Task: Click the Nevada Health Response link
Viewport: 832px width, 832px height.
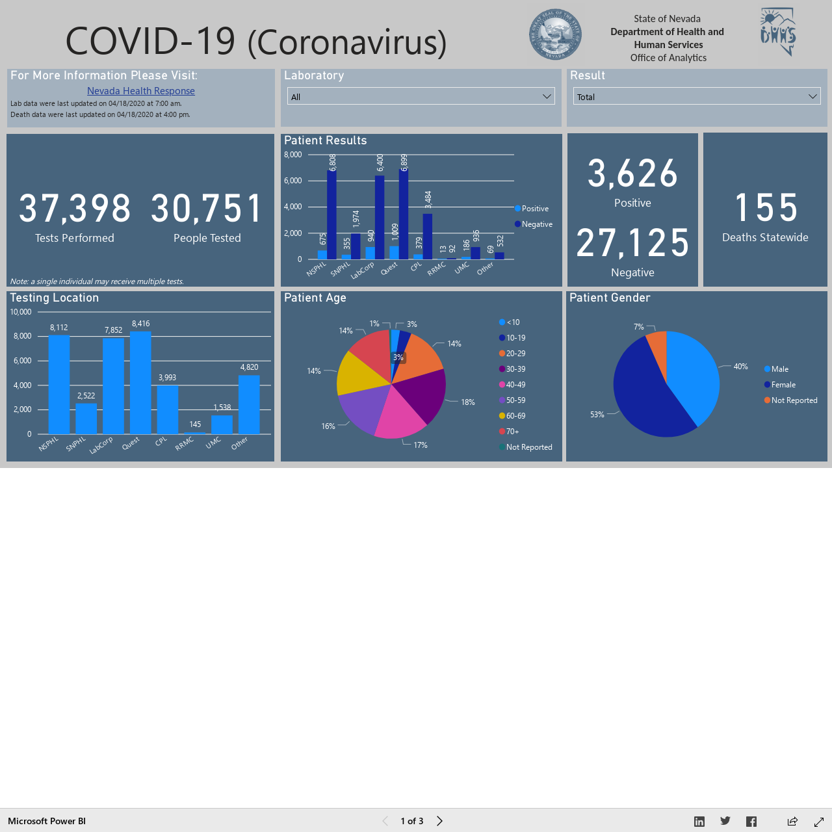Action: [x=141, y=90]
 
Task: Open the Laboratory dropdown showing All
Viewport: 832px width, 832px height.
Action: [x=421, y=96]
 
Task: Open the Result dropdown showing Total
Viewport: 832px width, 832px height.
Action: [x=696, y=96]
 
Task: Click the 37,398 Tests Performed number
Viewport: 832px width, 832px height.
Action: [x=75, y=209]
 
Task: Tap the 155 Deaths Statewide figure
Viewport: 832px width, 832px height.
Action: [x=766, y=207]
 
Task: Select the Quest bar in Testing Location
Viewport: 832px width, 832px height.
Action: [x=141, y=383]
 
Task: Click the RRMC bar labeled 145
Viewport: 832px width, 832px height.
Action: [x=195, y=433]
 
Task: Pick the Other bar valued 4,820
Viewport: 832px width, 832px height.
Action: [x=249, y=404]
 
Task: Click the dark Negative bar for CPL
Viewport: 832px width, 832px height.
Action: [x=428, y=237]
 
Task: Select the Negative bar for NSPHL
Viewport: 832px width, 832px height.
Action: [x=331, y=214]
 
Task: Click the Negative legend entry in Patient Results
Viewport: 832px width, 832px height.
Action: [x=534, y=224]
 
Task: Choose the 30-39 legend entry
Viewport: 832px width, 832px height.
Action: [x=512, y=369]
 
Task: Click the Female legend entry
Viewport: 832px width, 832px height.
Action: [x=780, y=385]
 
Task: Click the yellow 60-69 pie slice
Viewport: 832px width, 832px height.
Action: [x=361, y=374]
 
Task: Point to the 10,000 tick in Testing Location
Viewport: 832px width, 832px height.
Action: [x=21, y=312]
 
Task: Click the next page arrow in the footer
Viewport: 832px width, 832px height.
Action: [x=439, y=821]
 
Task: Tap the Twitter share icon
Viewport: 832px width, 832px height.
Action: [x=725, y=821]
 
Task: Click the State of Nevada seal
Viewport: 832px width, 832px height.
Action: [x=555, y=34]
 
